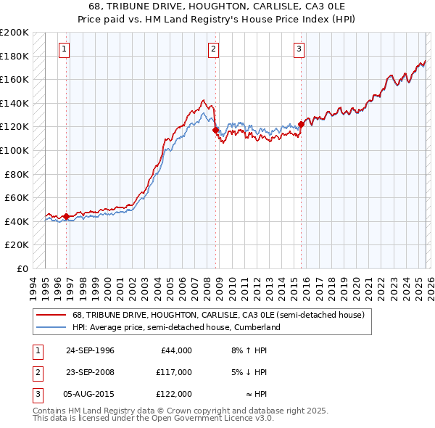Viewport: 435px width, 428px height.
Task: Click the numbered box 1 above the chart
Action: (x=65, y=49)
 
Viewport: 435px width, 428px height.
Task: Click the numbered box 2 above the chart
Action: (x=214, y=49)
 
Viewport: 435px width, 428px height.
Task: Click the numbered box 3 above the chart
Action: (x=299, y=49)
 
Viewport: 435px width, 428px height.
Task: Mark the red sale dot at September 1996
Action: (x=66, y=216)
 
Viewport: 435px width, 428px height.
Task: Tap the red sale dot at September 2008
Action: (x=215, y=131)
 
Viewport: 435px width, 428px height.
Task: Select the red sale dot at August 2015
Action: (x=301, y=124)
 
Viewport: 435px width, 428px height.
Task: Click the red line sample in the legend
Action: (x=51, y=316)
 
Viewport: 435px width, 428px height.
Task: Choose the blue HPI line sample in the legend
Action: (x=51, y=328)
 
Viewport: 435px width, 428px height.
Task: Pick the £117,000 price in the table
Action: (x=174, y=372)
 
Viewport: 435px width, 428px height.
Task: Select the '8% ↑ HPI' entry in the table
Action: (x=248, y=350)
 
